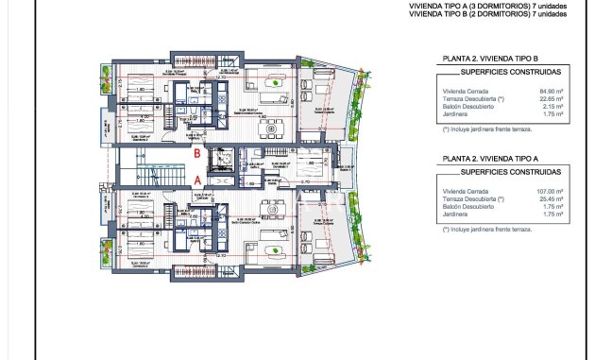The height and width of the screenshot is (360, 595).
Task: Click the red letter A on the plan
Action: [x=197, y=178]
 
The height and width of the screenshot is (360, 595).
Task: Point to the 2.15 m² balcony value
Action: [x=552, y=107]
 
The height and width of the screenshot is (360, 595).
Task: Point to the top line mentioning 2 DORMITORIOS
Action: [x=488, y=13]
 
